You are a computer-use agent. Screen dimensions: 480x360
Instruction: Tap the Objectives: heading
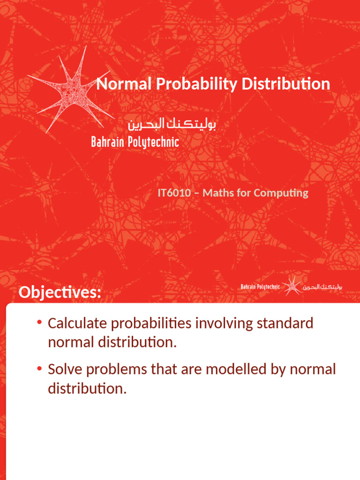coord(60,293)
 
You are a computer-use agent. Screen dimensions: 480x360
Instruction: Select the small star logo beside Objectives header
coord(292,286)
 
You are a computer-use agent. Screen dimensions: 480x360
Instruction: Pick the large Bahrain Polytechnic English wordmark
coord(135,142)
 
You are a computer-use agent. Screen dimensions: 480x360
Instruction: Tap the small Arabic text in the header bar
coord(323,286)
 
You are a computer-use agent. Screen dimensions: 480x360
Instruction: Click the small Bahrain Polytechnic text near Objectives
coord(260,286)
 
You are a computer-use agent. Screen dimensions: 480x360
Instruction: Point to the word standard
coord(285,323)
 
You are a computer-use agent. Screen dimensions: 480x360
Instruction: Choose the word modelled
coord(225,369)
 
